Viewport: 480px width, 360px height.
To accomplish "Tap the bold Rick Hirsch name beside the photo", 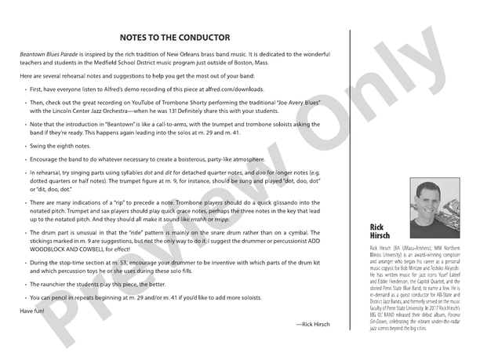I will tap(380, 231).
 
